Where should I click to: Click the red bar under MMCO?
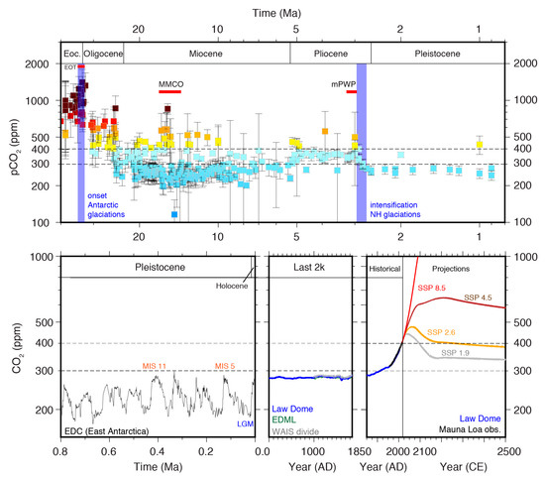pyautogui.click(x=169, y=93)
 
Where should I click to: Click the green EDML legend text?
pyautogui.click(x=285, y=419)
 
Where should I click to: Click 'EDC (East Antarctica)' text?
pyautogui.click(x=108, y=431)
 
